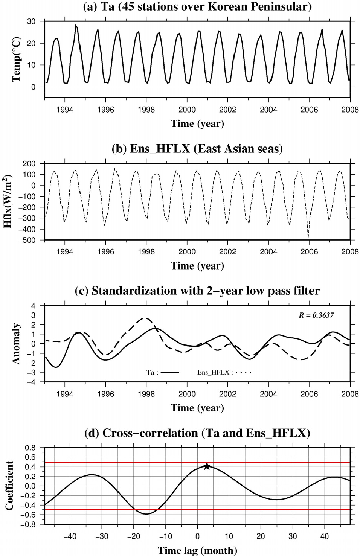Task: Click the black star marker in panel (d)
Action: tap(206, 466)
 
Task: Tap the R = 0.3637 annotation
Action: tap(316, 315)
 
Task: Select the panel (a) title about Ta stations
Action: tap(197, 7)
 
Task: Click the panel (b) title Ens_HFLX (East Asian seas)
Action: tap(197, 149)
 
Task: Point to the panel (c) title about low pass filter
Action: tap(197, 291)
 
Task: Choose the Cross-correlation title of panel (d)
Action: tap(197, 433)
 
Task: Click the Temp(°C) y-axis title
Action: tap(16, 59)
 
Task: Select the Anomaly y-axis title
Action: tap(16, 343)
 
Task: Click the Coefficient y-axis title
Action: tap(9, 486)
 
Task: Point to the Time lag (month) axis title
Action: tap(197, 550)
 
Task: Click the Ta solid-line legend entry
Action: tap(163, 372)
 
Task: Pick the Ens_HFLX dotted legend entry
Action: tap(224, 372)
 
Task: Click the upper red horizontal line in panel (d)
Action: tap(113, 462)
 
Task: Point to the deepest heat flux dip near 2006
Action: tap(308, 236)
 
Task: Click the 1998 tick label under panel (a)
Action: tap(146, 110)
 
